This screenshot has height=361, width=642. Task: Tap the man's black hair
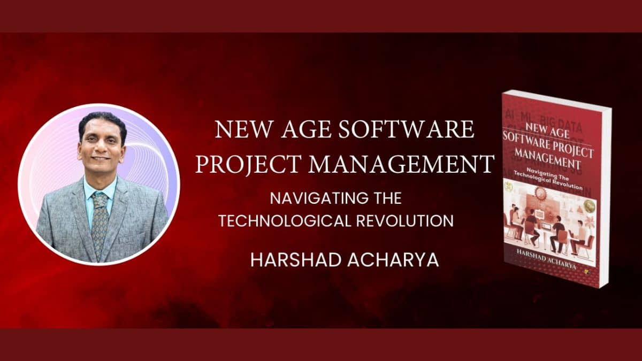(x=102, y=121)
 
